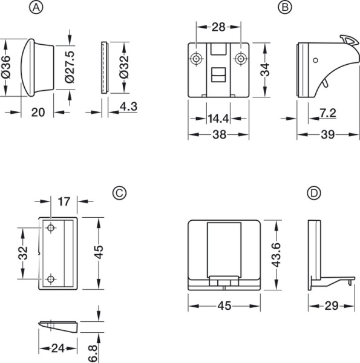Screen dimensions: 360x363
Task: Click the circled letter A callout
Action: click(x=36, y=7)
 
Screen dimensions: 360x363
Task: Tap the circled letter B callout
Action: click(x=285, y=7)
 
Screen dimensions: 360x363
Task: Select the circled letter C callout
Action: click(x=119, y=193)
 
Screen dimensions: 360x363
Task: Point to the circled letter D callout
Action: click(x=314, y=193)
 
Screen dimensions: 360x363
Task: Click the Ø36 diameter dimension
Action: click(x=6, y=67)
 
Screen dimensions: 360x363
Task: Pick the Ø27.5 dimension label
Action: click(x=70, y=67)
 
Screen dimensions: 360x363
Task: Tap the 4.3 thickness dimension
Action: click(x=128, y=106)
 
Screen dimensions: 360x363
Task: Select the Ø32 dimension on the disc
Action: click(x=124, y=67)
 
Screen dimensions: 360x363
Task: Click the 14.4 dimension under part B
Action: click(x=218, y=119)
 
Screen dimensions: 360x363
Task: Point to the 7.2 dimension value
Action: click(x=328, y=113)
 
